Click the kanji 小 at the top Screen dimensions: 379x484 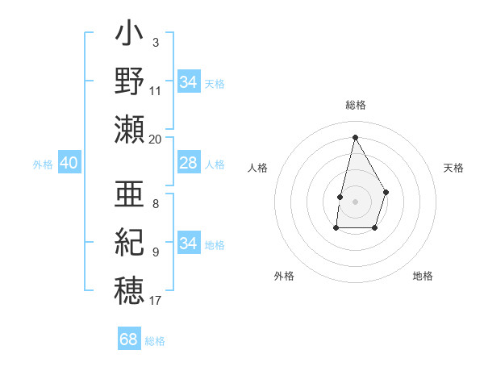point(129,37)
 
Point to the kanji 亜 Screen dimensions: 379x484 point(129,194)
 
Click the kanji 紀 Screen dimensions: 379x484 point(129,241)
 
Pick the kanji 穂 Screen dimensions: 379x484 point(129,288)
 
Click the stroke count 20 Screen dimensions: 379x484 point(156,139)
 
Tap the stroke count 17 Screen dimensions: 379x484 point(156,301)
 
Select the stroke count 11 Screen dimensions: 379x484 point(156,90)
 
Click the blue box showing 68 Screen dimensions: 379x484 point(129,339)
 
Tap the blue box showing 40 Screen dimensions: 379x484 point(69,164)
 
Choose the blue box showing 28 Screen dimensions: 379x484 point(188,164)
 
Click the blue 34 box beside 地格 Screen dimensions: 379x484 point(188,244)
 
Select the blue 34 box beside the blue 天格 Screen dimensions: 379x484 point(188,82)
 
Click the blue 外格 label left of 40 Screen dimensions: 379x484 point(43,165)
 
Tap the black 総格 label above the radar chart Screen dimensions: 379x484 point(355,106)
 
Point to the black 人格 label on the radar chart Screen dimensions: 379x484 point(257,168)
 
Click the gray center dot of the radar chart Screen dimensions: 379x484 point(355,201)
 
